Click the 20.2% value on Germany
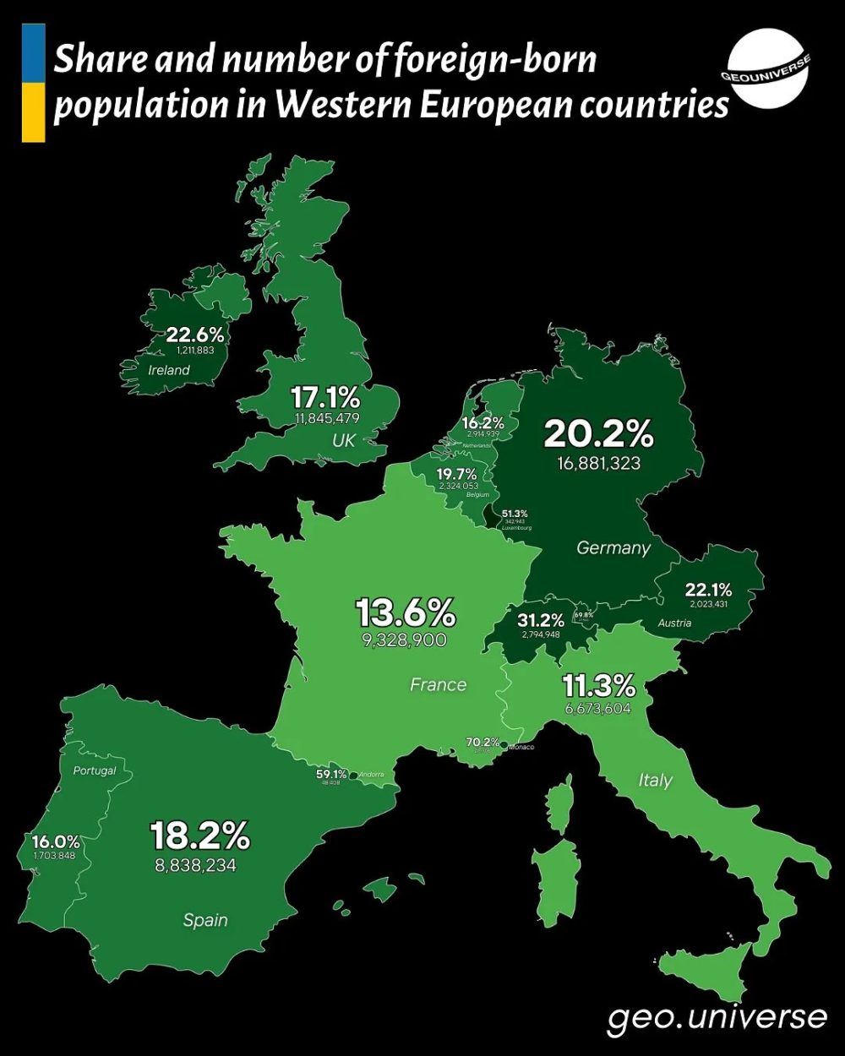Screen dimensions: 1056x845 [598, 433]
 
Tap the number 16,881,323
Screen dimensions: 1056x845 [598, 463]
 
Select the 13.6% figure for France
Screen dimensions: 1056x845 [406, 612]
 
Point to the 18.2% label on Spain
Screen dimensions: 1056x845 [200, 836]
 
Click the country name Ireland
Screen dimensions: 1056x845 [169, 370]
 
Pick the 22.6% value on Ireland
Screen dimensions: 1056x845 [194, 335]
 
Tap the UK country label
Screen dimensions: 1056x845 [343, 440]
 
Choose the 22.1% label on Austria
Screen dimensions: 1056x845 [708, 589]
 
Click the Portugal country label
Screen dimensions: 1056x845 [94, 770]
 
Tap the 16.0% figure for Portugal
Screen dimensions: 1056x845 [56, 841]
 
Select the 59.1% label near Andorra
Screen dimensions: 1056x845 [331, 774]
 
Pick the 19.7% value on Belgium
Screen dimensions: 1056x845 [457, 474]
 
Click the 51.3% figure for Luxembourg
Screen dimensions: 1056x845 [515, 513]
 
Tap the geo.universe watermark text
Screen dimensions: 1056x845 [717, 1017]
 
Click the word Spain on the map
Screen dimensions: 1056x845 [205, 919]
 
